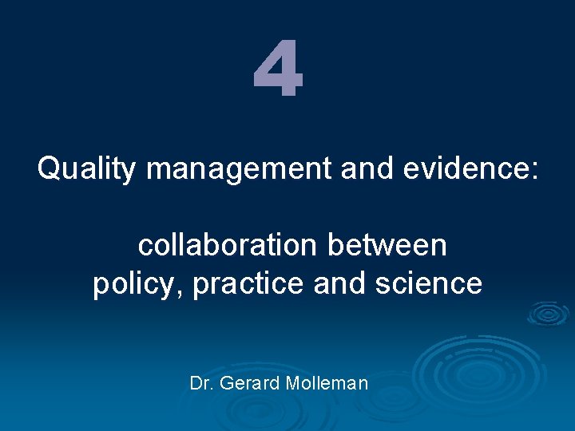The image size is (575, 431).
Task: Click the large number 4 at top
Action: pyautogui.click(x=278, y=71)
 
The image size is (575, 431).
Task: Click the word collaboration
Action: pyautogui.click(x=228, y=246)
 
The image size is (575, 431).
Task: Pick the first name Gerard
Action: pyautogui.click(x=244, y=384)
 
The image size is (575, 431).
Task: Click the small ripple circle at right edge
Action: pyautogui.click(x=549, y=313)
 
